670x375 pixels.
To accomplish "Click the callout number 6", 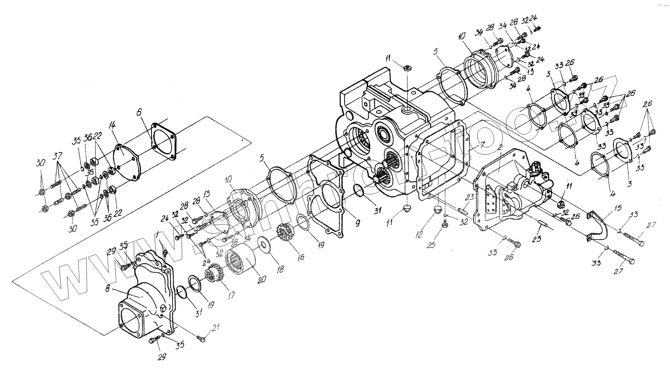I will pyautogui.click(x=139, y=112).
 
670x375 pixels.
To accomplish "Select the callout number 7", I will pyautogui.click(x=482, y=144).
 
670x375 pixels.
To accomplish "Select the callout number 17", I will pyautogui.click(x=231, y=295).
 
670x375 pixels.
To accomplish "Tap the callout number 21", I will pyautogui.click(x=217, y=327).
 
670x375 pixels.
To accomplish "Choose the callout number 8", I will pyautogui.click(x=108, y=288).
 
